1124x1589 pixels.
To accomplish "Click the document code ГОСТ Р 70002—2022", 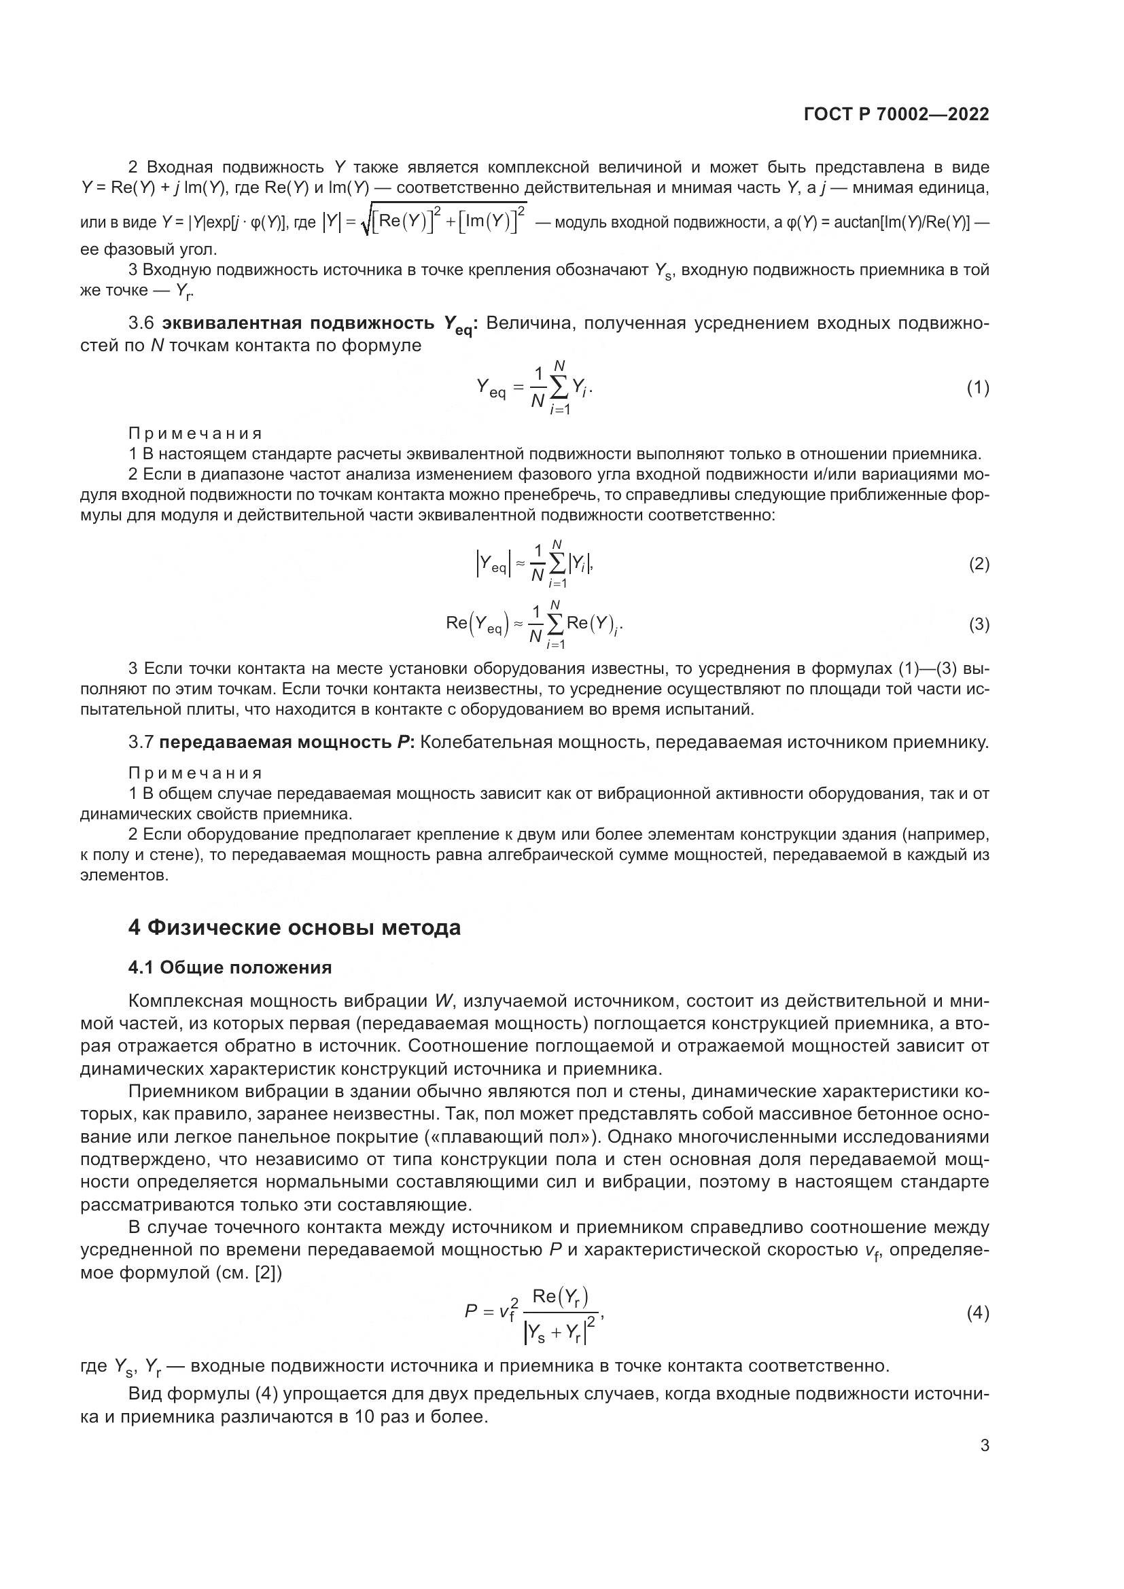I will pyautogui.click(x=896, y=115).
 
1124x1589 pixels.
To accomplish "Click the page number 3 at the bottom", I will pyautogui.click(x=984, y=1445).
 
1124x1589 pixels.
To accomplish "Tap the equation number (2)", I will pyautogui.click(x=979, y=564).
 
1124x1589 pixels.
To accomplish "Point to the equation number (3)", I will pyautogui.click(x=979, y=624).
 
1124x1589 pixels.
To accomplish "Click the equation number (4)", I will pyautogui.click(x=977, y=1313).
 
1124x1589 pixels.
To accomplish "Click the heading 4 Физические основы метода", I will pyautogui.click(x=294, y=927).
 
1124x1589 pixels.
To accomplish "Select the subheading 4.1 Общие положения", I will pyautogui.click(x=230, y=967).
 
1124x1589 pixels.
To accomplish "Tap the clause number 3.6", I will pyautogui.click(x=141, y=324).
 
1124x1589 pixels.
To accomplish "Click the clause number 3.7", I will pyautogui.click(x=141, y=743).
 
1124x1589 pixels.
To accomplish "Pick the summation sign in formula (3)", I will pyautogui.click(x=555, y=624).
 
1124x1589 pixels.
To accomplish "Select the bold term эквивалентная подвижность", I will pyautogui.click(x=299, y=324).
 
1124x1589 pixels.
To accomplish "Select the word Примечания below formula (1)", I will pyautogui.click(x=195, y=434).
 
